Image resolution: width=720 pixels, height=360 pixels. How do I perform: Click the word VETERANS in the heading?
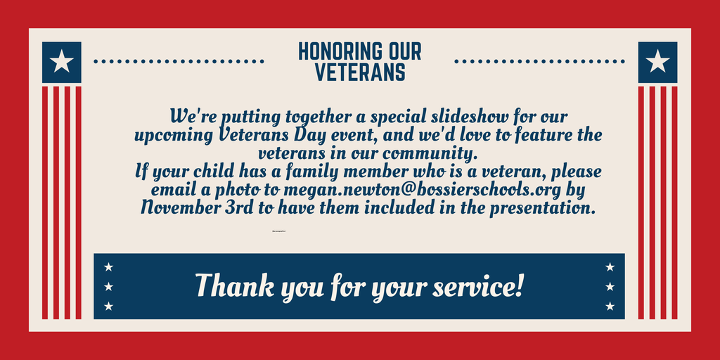tap(359, 72)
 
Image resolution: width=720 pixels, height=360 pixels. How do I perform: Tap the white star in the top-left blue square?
tap(62, 62)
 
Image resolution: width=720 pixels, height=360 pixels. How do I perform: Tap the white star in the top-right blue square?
tap(657, 62)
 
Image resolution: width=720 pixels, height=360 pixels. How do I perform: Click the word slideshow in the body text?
tap(462, 115)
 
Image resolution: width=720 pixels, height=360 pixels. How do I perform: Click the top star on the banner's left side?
tap(108, 266)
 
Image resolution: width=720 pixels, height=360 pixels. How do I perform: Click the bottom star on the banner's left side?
tap(108, 306)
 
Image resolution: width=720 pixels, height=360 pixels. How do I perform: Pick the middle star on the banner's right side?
tap(610, 286)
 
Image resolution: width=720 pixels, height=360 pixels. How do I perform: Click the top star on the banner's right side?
tap(610, 266)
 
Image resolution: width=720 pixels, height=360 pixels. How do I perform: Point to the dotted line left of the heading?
tap(179, 62)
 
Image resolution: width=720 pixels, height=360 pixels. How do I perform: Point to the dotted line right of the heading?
tap(539, 62)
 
